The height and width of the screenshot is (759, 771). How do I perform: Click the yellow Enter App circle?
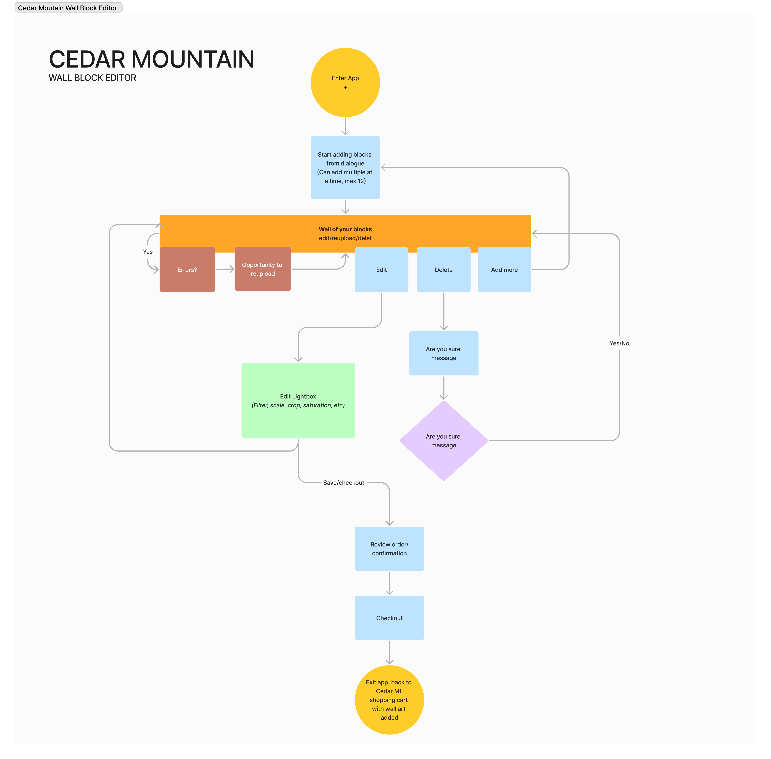click(345, 83)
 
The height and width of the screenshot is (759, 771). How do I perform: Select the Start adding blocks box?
click(345, 168)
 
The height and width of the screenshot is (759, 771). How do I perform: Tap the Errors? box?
click(187, 270)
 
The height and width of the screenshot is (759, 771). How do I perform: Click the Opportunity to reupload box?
click(263, 269)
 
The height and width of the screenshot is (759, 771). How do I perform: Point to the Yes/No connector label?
click(619, 343)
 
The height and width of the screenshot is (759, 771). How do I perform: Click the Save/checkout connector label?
click(344, 482)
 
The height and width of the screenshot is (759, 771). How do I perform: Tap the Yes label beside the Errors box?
click(147, 252)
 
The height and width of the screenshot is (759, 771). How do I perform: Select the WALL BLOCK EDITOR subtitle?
click(92, 78)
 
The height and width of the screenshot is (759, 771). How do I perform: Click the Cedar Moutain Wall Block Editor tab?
click(68, 8)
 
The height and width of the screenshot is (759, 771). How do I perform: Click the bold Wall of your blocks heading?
click(345, 229)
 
